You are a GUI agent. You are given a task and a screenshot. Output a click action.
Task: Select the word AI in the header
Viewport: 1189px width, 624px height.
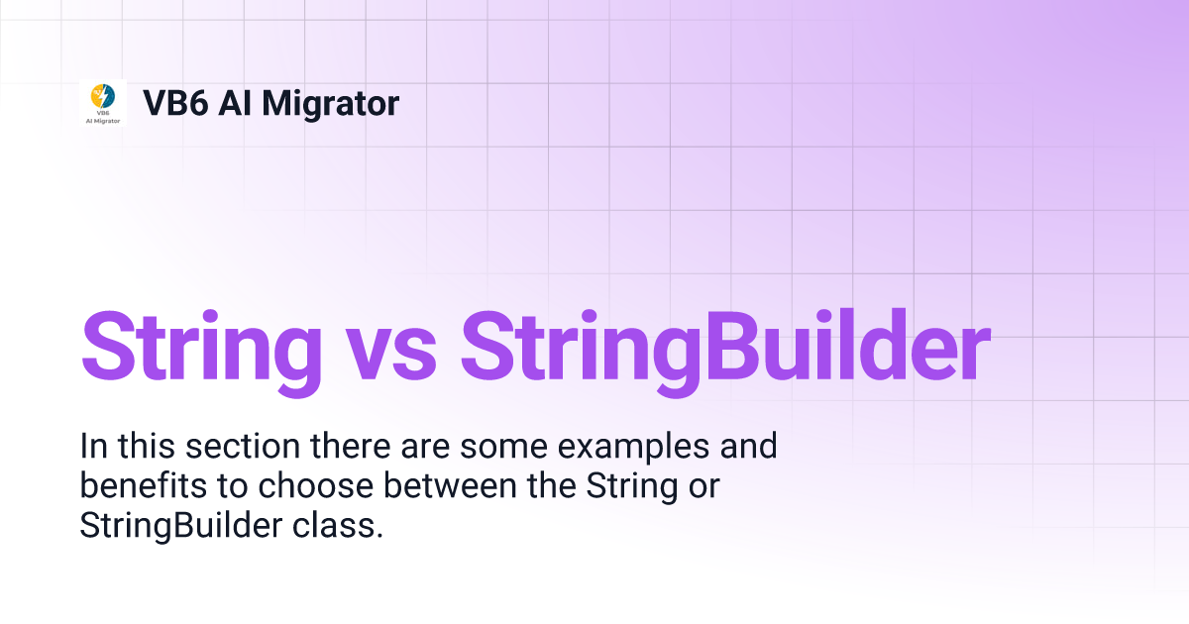coord(235,103)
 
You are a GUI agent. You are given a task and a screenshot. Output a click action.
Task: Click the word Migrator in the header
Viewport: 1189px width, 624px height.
coord(331,103)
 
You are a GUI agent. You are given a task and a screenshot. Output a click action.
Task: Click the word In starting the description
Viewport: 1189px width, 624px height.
coord(90,447)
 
